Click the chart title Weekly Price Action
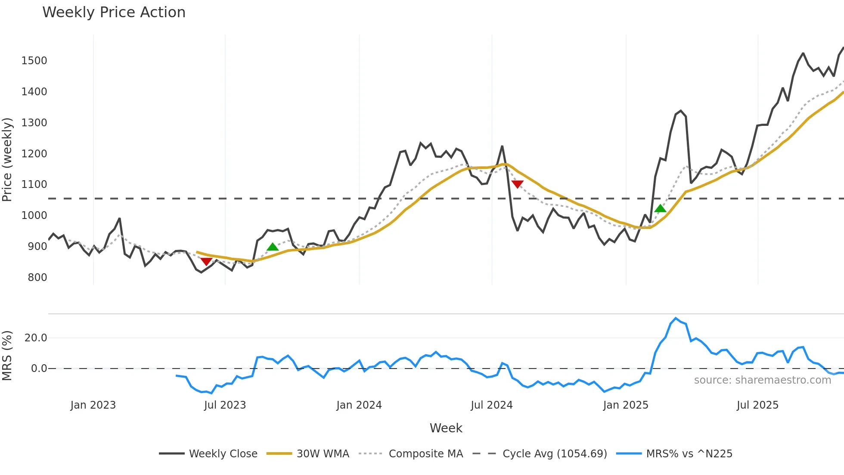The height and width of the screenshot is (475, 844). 114,12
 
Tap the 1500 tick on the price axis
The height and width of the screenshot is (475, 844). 34,61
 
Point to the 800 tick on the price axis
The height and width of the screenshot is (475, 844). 37,278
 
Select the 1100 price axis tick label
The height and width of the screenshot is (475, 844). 34,184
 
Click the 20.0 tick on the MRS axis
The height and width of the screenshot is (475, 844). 36,338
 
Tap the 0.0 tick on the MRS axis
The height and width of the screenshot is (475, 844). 39,369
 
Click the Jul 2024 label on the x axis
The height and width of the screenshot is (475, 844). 491,405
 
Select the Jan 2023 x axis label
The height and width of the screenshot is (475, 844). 93,405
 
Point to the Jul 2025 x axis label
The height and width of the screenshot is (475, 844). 757,405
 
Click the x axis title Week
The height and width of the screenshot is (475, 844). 446,428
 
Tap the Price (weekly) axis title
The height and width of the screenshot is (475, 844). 7,159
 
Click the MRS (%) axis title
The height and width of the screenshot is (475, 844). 7,356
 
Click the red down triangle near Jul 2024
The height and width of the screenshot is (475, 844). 517,184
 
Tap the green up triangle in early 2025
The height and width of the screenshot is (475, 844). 660,209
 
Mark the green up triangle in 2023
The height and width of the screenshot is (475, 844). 273,247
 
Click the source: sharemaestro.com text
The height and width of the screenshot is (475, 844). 762,380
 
